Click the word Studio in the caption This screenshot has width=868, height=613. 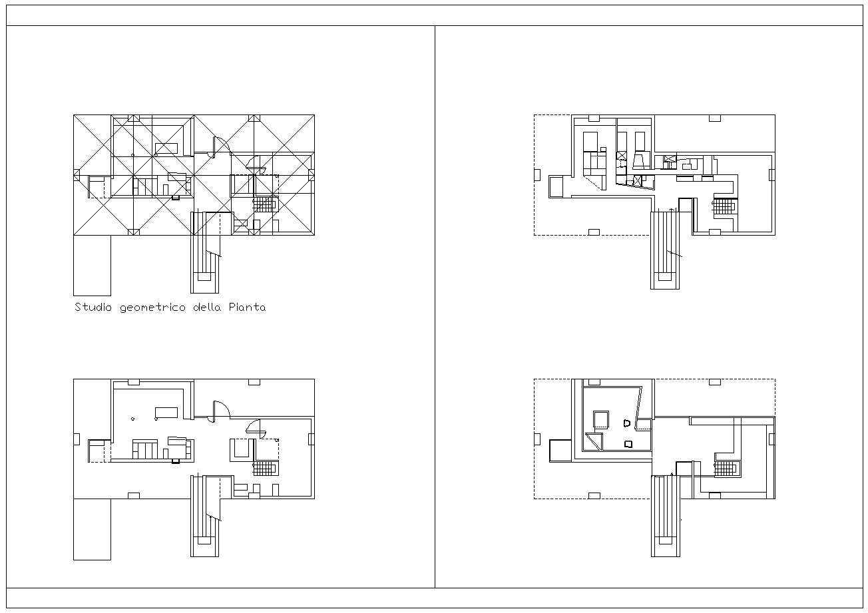point(93,307)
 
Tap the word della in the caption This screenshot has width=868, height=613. point(207,307)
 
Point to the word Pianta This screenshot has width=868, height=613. point(247,307)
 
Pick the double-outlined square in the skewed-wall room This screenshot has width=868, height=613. point(601,419)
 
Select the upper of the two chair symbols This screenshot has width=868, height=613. point(627,423)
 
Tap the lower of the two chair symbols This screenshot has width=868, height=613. point(628,444)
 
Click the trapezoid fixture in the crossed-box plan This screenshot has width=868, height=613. point(641,161)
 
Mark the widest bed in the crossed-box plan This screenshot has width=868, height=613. point(590,141)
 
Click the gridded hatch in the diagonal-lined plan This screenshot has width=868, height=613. point(264,204)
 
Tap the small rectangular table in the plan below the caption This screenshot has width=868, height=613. point(166,412)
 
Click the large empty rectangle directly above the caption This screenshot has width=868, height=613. point(93,266)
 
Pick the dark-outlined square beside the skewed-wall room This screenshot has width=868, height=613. point(560,450)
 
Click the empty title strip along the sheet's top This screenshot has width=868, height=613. point(434,15)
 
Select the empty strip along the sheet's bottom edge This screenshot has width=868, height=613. point(434,598)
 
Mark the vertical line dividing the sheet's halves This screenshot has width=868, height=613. point(435,307)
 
